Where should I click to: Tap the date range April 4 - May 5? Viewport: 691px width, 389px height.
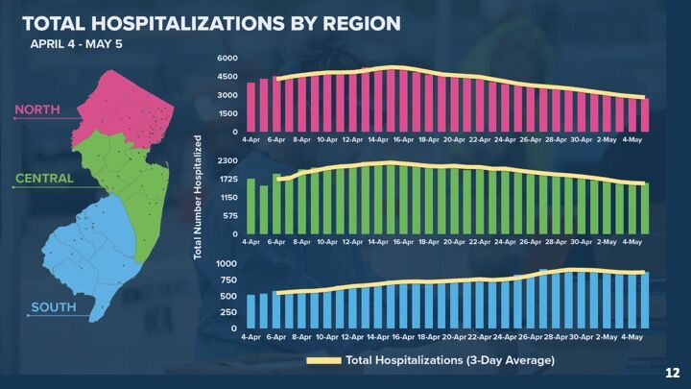[76, 44]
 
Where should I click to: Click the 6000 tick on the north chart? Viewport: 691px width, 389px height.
[226, 59]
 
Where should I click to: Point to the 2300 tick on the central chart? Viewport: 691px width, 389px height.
[226, 160]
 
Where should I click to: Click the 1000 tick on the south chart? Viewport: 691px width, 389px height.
[226, 263]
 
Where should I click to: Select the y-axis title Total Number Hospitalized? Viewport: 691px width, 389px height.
[199, 197]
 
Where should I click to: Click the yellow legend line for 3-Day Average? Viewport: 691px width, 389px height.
[322, 361]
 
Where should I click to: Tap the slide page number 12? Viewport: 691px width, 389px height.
[672, 372]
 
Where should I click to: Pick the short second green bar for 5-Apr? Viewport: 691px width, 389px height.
[263, 209]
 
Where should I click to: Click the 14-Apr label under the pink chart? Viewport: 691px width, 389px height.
[377, 141]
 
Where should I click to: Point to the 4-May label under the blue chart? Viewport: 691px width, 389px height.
[631, 337]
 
